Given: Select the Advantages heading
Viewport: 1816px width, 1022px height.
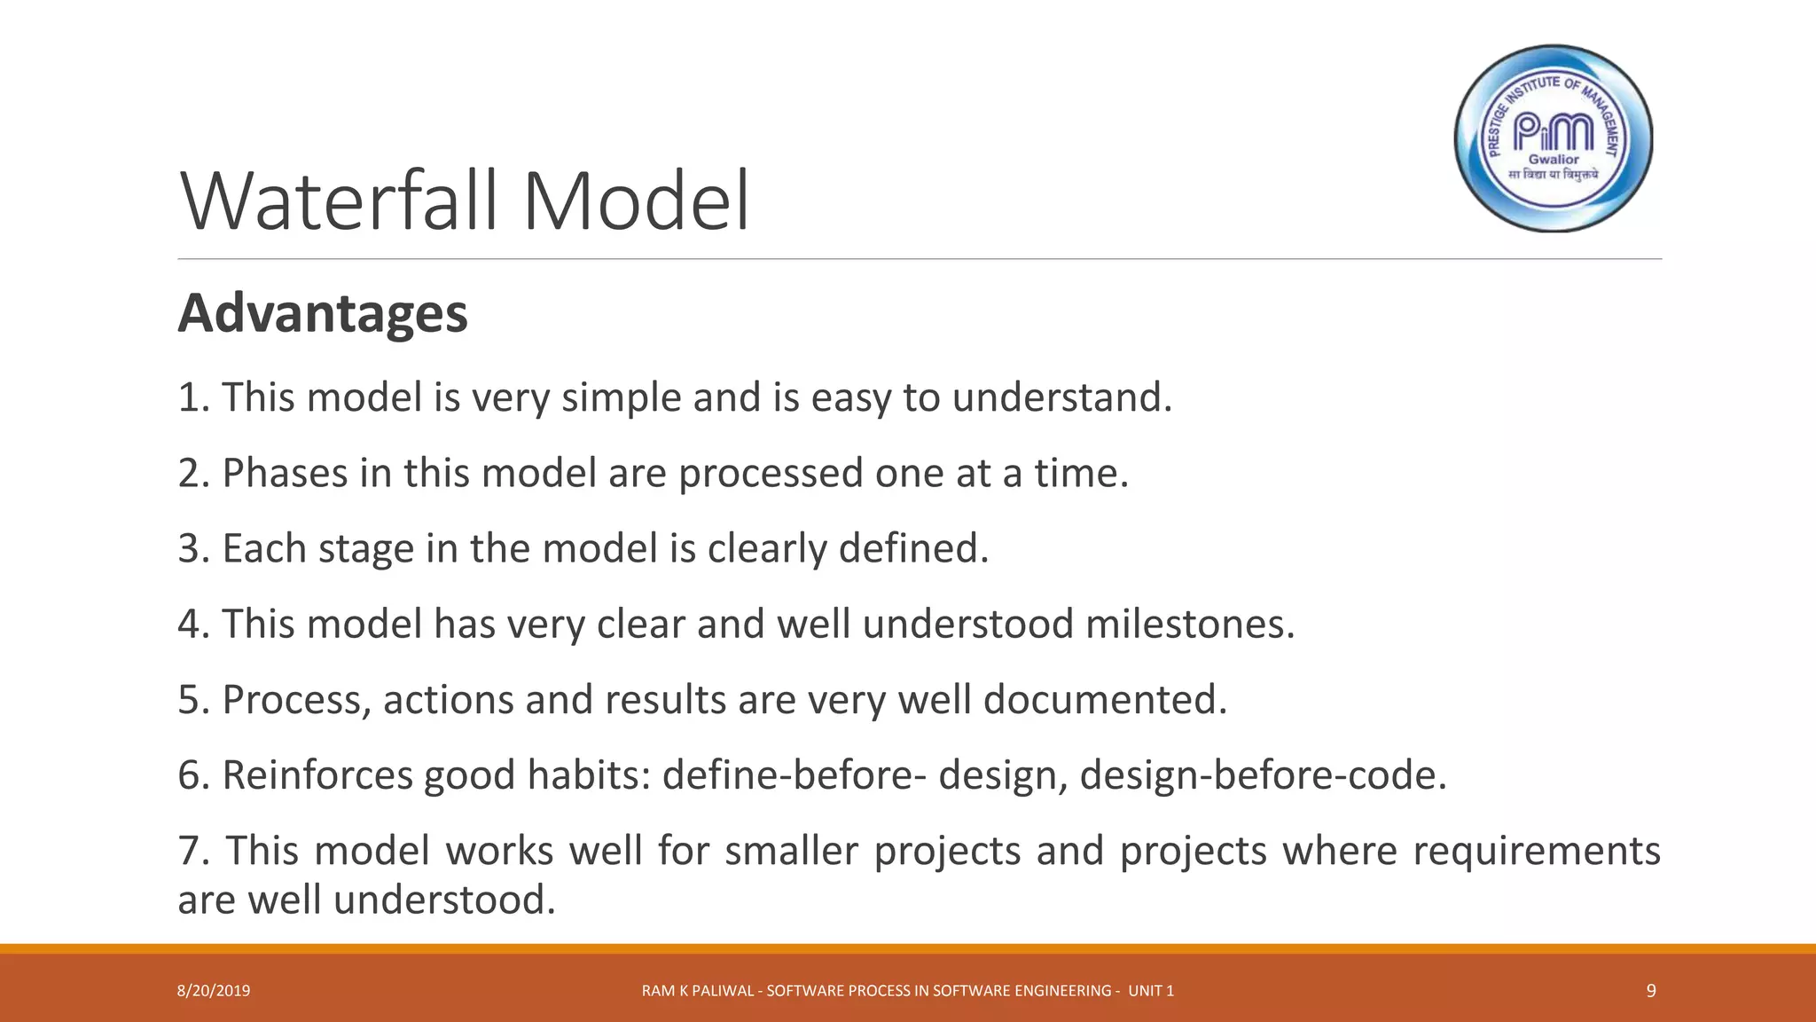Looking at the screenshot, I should point(323,313).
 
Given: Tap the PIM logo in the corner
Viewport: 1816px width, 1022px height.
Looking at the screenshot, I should point(1554,138).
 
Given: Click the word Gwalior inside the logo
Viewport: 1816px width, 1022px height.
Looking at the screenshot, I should point(1554,160).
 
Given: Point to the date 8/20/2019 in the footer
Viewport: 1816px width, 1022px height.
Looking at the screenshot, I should point(214,991).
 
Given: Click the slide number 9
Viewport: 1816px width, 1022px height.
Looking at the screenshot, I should point(1650,991).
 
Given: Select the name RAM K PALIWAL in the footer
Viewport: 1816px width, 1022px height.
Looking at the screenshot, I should point(698,991).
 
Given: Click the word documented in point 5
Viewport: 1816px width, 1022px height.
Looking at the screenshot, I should point(1105,699).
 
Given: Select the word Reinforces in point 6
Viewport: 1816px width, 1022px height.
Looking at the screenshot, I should point(317,774).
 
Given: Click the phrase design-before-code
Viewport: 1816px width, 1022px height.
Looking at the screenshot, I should point(1263,774).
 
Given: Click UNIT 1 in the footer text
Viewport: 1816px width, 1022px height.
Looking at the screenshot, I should point(1151,991).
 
